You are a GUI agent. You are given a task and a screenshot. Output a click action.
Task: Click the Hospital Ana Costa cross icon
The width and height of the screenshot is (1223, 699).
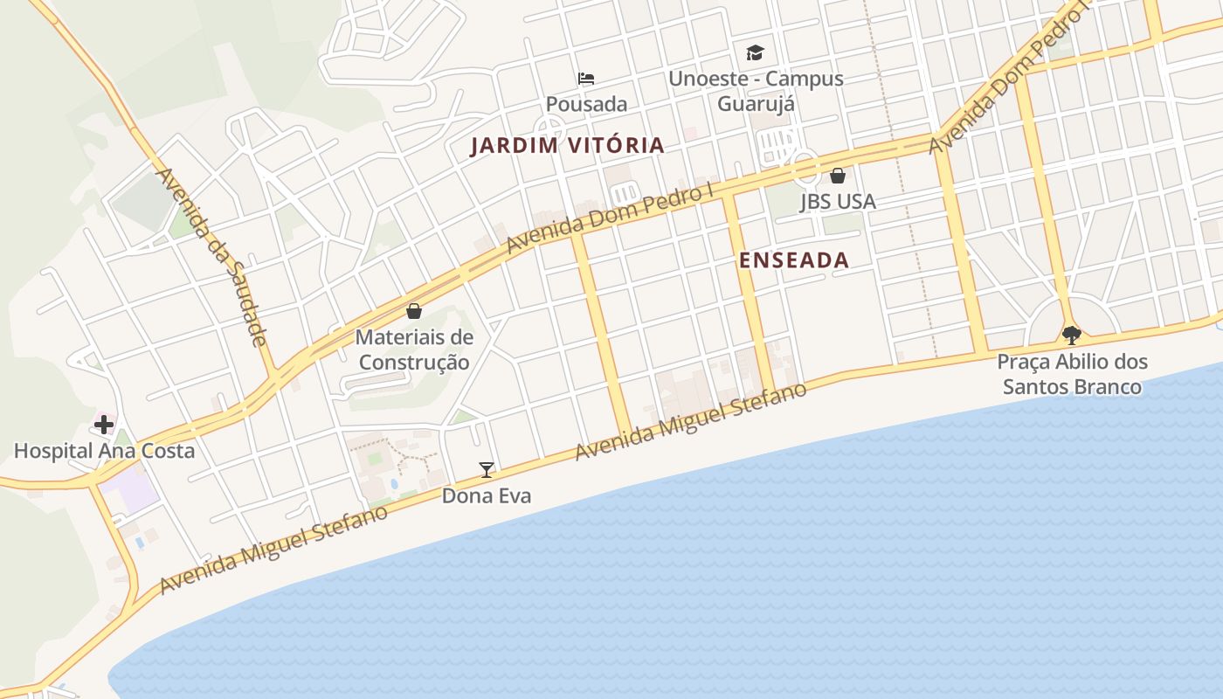point(104,426)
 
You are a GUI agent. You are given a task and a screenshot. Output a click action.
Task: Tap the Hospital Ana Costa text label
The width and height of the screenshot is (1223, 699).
point(104,451)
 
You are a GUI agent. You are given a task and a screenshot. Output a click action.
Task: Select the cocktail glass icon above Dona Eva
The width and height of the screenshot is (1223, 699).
point(487,470)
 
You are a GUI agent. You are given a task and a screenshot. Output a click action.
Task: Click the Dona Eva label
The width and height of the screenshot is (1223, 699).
point(487,496)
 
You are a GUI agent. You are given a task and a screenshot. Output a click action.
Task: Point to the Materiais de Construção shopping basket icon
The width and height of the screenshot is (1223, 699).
point(414,311)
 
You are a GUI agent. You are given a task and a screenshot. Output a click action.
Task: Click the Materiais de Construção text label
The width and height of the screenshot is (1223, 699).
point(414,349)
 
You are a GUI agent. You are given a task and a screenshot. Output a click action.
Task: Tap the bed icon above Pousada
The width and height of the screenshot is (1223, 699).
point(586,79)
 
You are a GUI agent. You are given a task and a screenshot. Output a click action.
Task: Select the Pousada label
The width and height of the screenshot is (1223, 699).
point(586,104)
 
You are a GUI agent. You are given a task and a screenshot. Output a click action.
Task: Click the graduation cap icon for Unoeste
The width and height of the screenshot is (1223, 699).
point(755,53)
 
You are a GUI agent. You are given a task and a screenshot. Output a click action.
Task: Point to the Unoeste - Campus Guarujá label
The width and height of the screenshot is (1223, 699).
point(756,91)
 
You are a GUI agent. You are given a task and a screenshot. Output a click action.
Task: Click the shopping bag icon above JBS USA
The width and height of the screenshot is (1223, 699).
point(838,176)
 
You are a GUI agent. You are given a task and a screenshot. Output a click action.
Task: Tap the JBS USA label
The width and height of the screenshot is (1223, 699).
point(838,202)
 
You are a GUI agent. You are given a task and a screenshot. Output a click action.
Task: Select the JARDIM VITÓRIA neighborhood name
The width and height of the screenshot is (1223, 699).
point(568,146)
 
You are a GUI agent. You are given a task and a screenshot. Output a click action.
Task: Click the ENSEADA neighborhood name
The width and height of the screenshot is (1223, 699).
point(794,260)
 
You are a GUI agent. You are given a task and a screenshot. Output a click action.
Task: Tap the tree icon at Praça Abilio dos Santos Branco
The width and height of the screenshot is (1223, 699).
point(1071,336)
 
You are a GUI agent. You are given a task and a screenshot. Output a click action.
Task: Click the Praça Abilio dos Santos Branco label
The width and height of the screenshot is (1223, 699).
point(1072,374)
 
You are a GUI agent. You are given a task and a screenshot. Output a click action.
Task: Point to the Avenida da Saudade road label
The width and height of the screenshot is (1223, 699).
point(211,257)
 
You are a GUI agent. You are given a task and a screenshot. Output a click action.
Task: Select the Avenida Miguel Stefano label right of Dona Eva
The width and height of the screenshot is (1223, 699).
point(690,422)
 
